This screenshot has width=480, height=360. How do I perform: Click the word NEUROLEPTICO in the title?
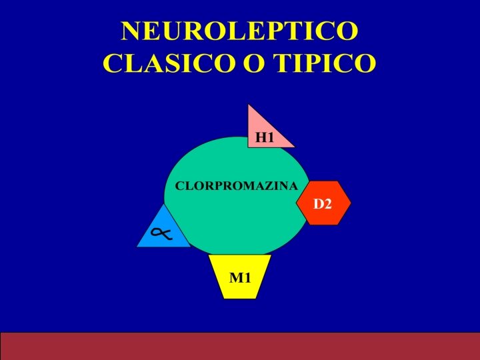(x=239, y=31)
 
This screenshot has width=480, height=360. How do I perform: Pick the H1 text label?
(x=265, y=138)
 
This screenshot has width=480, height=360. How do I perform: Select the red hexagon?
(x=323, y=203)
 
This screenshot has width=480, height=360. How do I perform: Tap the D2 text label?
(x=323, y=204)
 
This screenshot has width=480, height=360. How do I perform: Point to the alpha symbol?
(x=161, y=233)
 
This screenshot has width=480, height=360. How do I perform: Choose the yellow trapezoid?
(x=240, y=275)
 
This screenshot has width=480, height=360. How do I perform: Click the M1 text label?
(x=240, y=277)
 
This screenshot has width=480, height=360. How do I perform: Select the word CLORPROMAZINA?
(x=236, y=187)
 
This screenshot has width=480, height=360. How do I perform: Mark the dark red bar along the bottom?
(x=240, y=345)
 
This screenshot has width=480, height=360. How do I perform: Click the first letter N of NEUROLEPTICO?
(x=131, y=31)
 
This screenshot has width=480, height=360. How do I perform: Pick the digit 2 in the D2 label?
(x=327, y=204)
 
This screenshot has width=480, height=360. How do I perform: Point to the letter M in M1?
(x=236, y=277)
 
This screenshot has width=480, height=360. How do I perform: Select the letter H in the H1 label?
(x=261, y=138)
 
